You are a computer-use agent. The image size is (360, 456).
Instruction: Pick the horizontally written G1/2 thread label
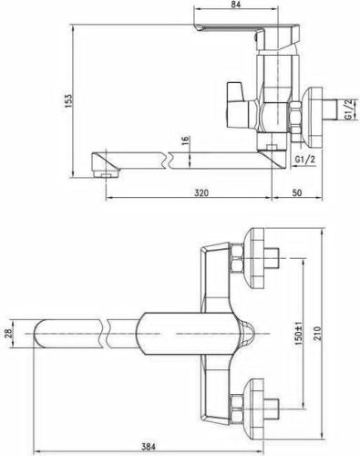(304, 160)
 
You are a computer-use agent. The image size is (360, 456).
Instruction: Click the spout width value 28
(9, 334)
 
